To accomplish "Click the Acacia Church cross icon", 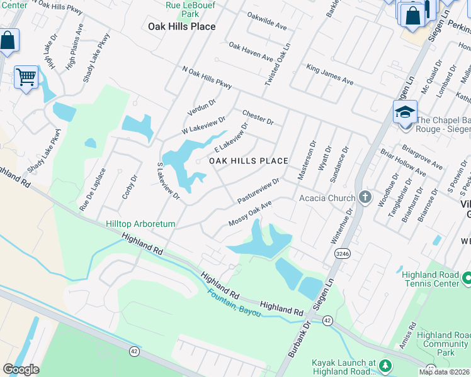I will click(x=365, y=198).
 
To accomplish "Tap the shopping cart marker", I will click(x=26, y=77).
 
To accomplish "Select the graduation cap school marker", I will click(x=405, y=112).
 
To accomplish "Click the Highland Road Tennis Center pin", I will click(x=467, y=277).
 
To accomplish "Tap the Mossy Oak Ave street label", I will click(x=250, y=214).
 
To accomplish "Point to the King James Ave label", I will click(x=329, y=74).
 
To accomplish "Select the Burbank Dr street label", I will click(x=299, y=339).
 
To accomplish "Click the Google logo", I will click(x=21, y=369).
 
